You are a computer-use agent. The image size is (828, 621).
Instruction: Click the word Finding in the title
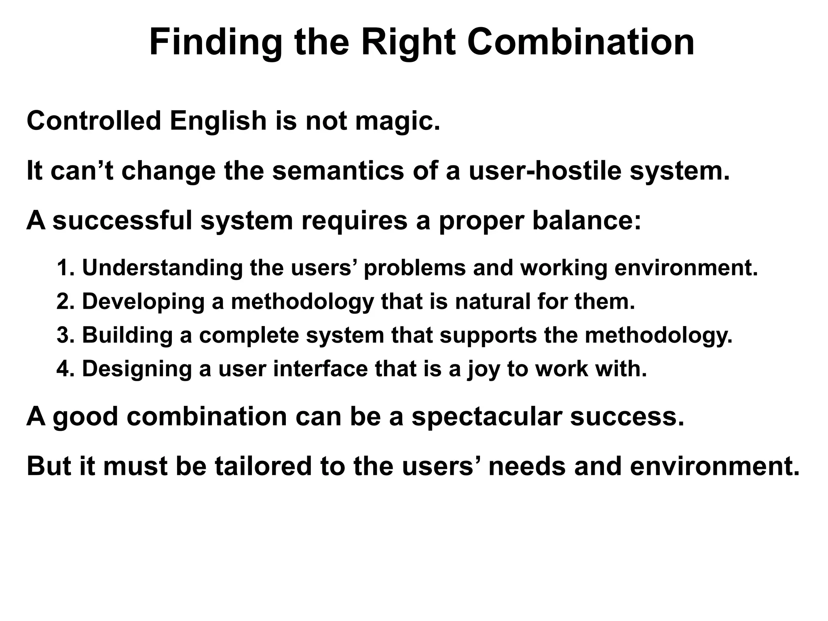pos(215,43)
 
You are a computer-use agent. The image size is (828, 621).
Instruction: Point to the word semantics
pos(338,171)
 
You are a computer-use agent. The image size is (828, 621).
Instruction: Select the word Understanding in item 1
pos(162,268)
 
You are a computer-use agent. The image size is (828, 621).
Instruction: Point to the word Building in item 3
pos(127,335)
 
